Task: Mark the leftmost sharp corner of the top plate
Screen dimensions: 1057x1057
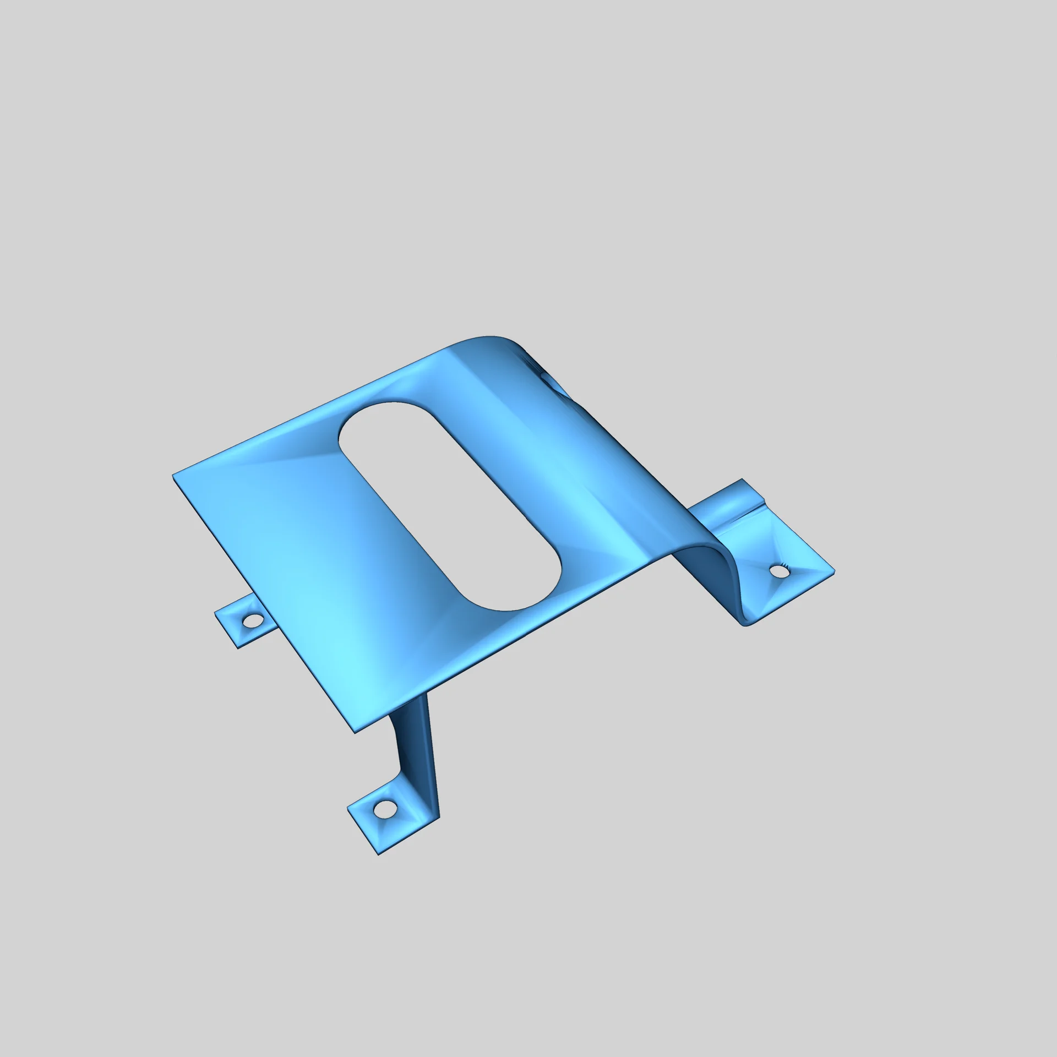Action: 174,474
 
